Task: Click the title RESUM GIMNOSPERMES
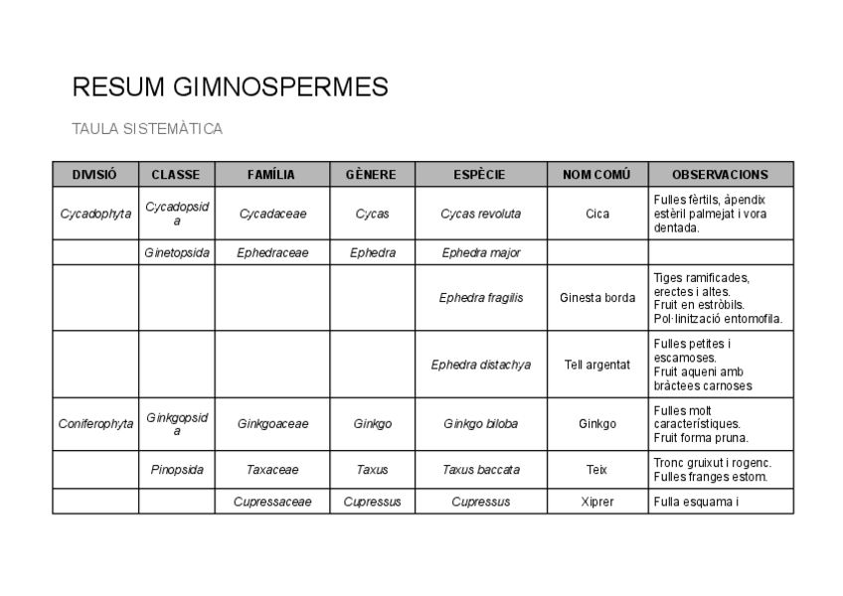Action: (230, 87)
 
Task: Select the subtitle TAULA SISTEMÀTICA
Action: (147, 129)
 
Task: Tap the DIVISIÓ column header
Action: (94, 174)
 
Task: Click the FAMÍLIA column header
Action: (271, 174)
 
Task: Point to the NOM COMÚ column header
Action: (596, 174)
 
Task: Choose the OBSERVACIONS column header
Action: (720, 174)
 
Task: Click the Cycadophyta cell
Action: (95, 214)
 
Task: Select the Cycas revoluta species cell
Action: (481, 214)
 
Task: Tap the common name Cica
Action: (597, 214)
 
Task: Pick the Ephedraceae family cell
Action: (272, 252)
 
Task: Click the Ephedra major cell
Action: (481, 252)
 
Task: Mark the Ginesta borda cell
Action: (597, 297)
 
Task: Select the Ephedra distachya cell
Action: (481, 365)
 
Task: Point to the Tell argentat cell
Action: (597, 365)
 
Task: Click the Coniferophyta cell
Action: (95, 424)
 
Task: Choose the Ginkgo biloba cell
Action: (481, 424)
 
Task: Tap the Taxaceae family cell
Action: (272, 470)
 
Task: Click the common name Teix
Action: (597, 470)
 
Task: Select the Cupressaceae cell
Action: (272, 502)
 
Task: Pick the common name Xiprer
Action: (597, 502)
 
